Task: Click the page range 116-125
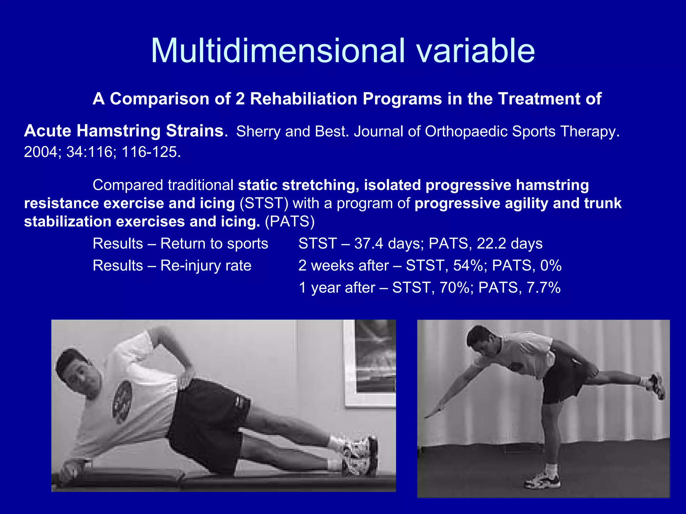151,152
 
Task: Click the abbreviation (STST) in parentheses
264,203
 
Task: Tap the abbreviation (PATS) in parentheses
290,222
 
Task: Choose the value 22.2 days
509,244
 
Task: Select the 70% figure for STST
454,288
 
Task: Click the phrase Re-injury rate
206,266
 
